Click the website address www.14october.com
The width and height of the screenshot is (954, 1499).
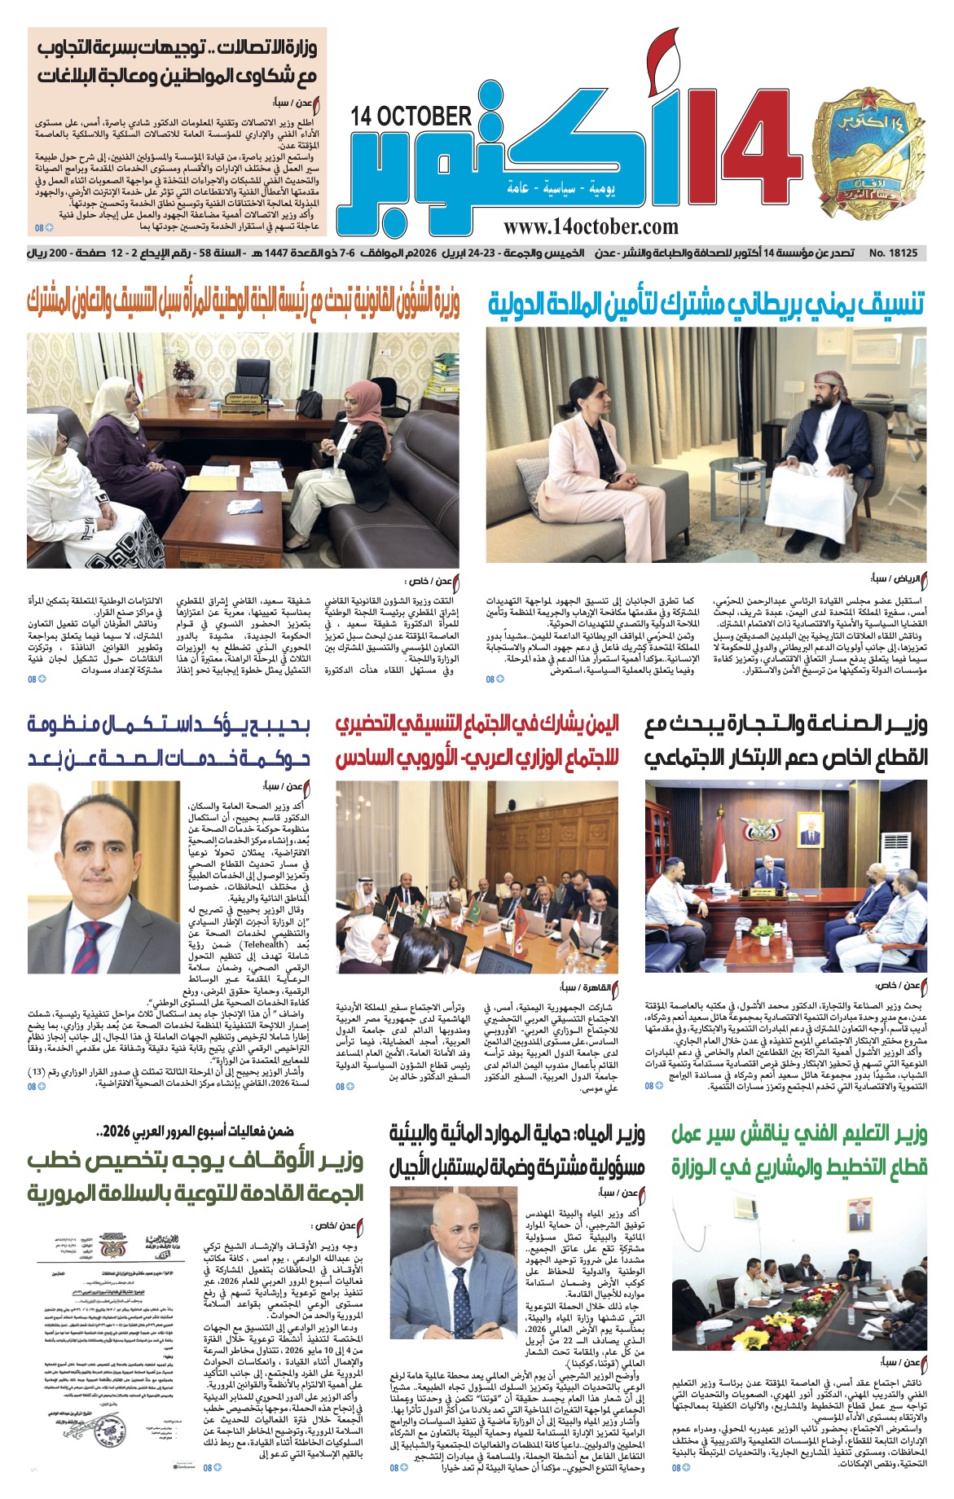[x=591, y=227]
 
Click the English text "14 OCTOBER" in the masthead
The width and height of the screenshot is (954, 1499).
[x=411, y=116]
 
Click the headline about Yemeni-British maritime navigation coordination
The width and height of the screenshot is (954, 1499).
[x=707, y=305]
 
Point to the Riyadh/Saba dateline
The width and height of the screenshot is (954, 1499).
[x=899, y=579]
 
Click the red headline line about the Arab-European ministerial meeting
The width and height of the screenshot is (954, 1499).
[x=477, y=758]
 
